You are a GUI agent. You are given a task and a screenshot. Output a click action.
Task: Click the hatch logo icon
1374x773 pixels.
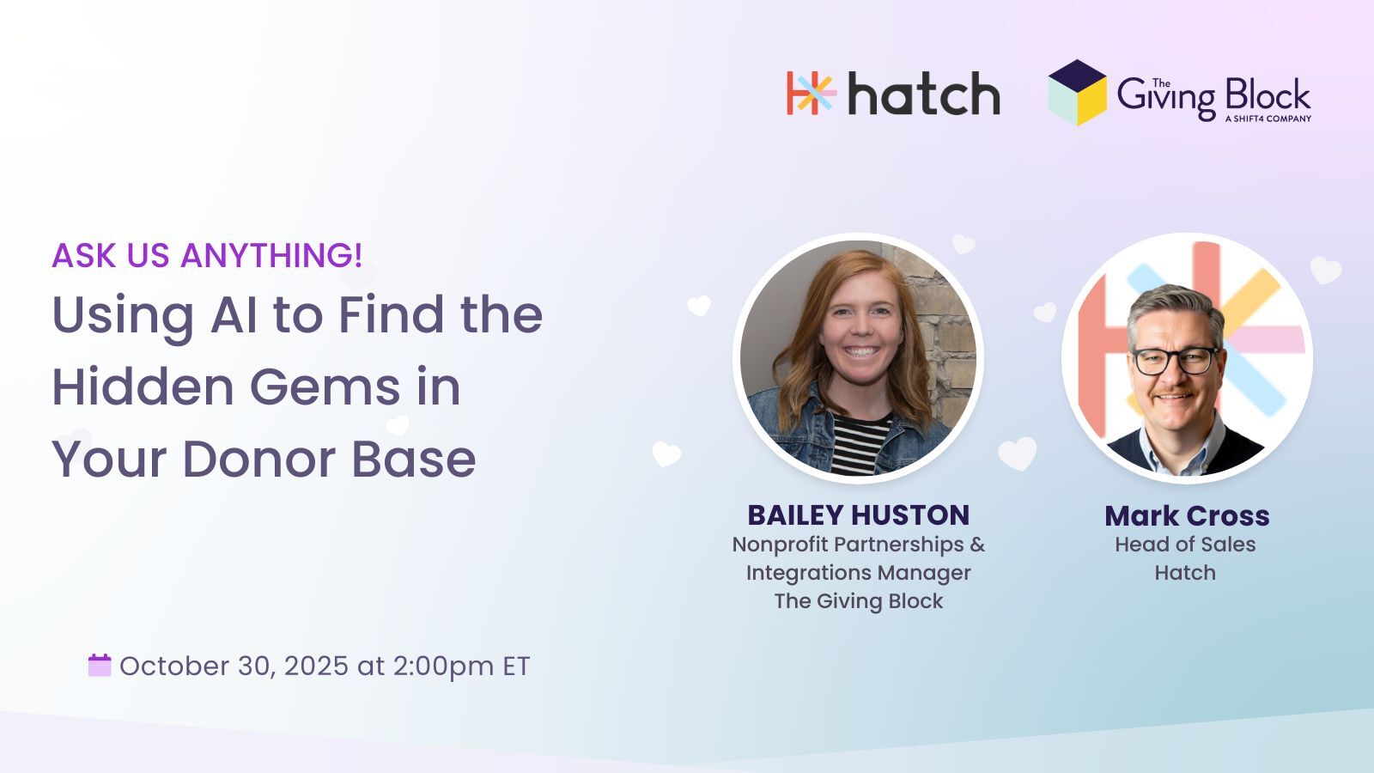click(812, 94)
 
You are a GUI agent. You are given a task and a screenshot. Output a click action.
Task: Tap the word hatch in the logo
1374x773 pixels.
click(924, 94)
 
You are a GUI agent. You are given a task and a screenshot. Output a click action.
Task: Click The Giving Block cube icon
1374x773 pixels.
click(1078, 93)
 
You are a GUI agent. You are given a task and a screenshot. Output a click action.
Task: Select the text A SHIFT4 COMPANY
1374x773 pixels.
click(1268, 119)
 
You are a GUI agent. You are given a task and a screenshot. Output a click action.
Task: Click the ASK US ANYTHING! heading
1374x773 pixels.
click(207, 255)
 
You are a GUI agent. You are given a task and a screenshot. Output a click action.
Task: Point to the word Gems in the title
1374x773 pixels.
click(325, 386)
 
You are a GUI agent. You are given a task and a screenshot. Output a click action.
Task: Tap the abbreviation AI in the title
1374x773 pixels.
click(234, 314)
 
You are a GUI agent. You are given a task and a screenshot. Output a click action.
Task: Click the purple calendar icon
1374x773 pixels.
click(100, 666)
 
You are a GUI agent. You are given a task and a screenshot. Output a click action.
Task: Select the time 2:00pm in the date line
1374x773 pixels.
click(443, 666)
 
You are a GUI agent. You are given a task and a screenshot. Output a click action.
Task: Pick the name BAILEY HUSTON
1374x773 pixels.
click(858, 515)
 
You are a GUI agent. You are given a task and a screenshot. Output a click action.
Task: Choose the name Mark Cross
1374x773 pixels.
click(1187, 516)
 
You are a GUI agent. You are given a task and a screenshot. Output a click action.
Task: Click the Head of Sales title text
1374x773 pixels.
click(1185, 545)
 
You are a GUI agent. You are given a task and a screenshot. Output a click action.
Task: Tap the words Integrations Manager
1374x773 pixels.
click(858, 573)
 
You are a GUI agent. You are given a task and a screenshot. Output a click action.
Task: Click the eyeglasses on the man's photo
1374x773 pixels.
click(1176, 360)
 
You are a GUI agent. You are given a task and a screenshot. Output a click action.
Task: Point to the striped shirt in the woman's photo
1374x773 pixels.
click(860, 444)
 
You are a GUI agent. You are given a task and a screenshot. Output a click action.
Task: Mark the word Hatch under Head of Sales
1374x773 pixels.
click(1185, 572)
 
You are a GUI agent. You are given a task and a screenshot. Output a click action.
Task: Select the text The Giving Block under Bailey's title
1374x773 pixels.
click(858, 601)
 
